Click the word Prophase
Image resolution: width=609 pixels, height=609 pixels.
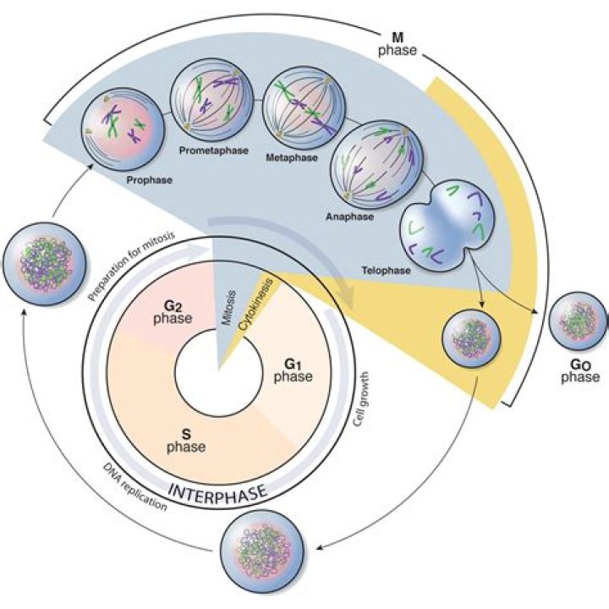click(x=145, y=179)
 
